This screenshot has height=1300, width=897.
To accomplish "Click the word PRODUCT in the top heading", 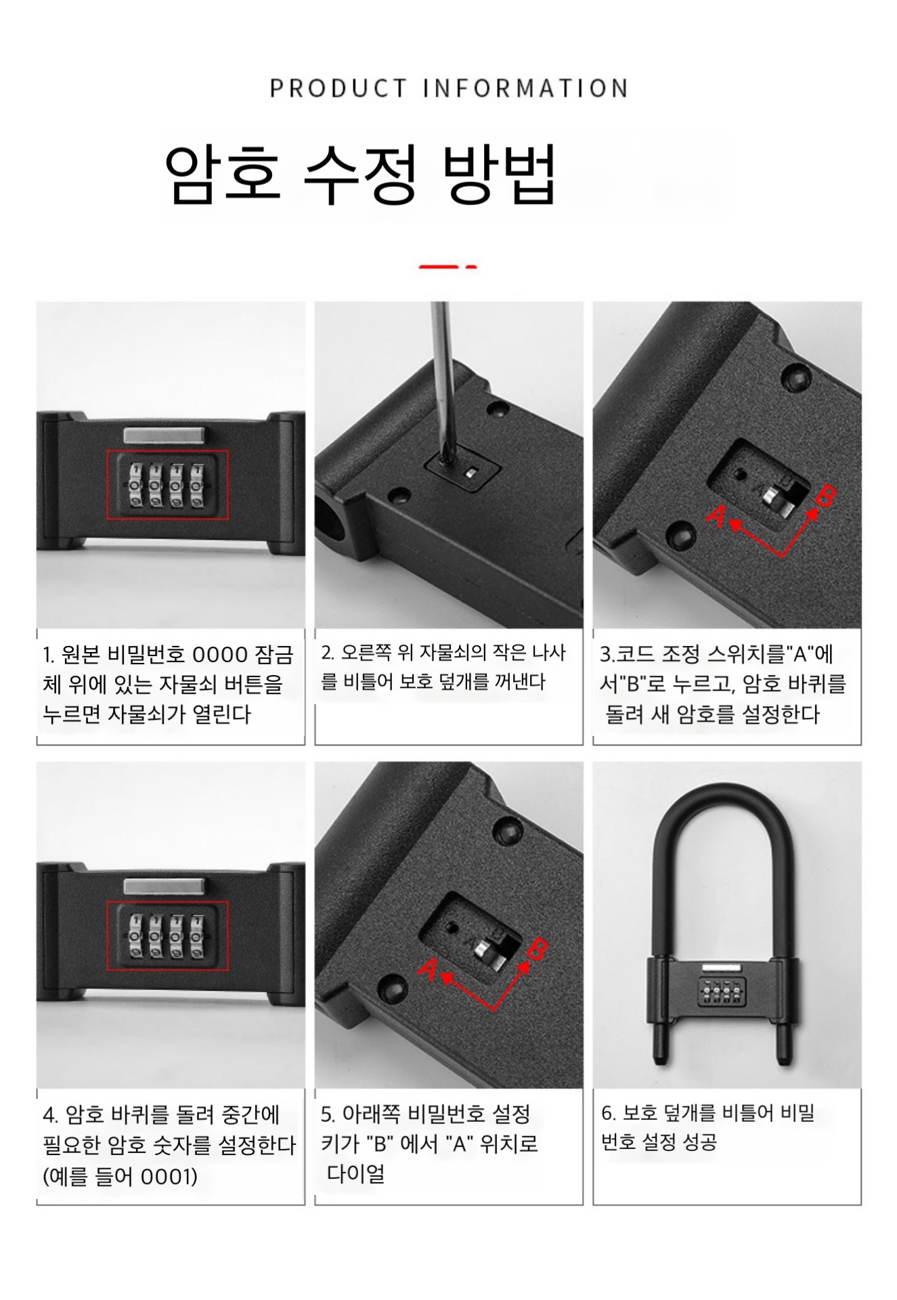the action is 338,89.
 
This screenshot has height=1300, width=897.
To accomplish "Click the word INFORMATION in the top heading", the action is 526,89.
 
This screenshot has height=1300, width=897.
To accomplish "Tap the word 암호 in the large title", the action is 223,174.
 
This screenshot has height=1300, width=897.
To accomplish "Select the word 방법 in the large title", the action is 499,174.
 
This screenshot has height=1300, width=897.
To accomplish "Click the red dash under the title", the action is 447,267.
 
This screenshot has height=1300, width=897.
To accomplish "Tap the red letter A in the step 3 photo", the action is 716,516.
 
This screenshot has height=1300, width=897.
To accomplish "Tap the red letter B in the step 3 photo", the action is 825,497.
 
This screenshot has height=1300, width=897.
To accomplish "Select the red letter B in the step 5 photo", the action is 537,950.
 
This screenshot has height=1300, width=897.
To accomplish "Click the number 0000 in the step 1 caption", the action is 220,655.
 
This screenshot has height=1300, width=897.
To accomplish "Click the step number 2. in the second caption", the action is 328,653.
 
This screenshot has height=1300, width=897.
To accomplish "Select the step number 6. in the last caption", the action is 608,1113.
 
